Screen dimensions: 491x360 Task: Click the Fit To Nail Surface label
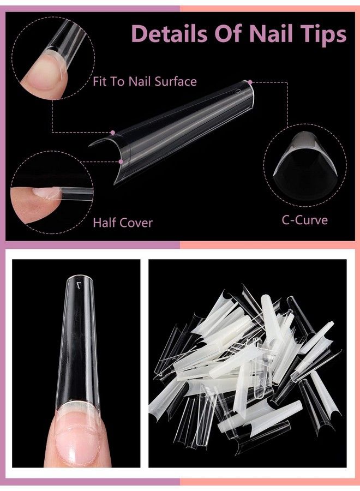click(144, 82)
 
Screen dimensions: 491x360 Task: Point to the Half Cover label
click(122, 223)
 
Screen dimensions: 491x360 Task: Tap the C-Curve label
click(304, 220)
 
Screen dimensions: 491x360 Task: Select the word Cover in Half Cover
click(134, 223)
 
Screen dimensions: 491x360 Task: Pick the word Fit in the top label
click(100, 82)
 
